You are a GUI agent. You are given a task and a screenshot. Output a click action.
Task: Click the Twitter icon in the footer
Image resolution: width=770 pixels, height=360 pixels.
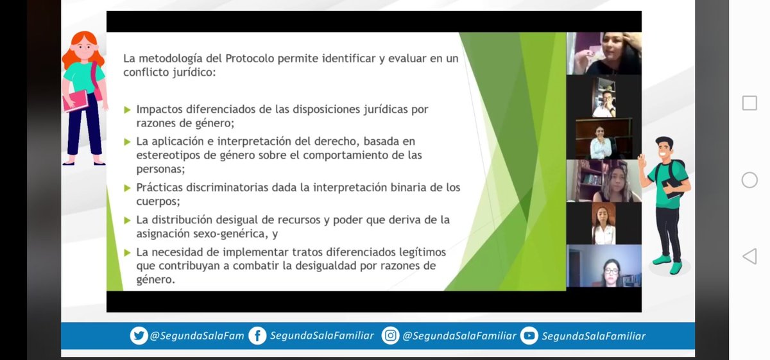coord(139,336)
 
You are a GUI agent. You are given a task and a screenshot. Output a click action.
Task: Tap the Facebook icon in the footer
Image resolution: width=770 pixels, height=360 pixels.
coord(257,336)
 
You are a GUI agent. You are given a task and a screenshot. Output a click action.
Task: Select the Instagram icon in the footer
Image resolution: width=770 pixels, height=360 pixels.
coord(390,336)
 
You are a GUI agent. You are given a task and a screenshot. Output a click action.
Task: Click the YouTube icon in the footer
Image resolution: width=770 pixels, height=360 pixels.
coord(529,336)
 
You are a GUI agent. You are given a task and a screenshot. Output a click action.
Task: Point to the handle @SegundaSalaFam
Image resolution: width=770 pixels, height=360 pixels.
coord(197,336)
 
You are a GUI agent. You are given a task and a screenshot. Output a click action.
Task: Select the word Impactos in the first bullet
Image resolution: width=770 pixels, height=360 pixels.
coord(159,109)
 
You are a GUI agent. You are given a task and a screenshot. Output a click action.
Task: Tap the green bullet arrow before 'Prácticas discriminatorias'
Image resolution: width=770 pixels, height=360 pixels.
coord(127,188)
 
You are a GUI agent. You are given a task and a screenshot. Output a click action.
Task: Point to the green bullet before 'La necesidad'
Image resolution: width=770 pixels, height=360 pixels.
coord(127,252)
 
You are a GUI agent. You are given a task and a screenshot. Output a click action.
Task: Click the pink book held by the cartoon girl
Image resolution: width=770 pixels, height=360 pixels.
coord(76,101)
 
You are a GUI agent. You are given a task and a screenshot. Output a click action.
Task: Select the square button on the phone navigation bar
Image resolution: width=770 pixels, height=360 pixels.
coord(749,103)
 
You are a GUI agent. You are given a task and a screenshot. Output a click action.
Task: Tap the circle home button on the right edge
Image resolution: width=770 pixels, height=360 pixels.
coord(749,180)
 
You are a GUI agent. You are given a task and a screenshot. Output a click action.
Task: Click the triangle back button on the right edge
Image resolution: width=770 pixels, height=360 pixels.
coord(749,257)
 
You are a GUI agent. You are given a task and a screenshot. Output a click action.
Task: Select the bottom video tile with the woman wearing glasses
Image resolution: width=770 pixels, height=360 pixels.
coord(604,266)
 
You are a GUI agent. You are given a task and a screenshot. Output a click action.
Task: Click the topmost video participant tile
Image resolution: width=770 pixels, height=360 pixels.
coord(604,54)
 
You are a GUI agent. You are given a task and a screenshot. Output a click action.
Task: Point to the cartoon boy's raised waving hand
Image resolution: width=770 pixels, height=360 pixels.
coord(642,159)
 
